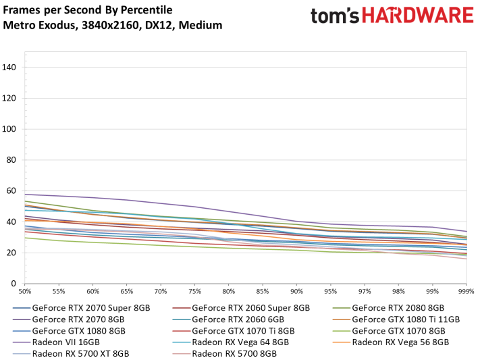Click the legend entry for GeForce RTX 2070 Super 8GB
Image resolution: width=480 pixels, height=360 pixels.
click(90, 307)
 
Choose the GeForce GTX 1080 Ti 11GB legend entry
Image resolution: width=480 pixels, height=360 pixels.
click(406, 319)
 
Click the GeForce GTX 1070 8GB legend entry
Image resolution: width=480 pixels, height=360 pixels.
click(398, 330)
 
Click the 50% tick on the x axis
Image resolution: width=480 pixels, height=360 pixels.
click(24, 291)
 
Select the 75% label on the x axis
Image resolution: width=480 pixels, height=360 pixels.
click(194, 291)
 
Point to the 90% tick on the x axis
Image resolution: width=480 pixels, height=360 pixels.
click(296, 291)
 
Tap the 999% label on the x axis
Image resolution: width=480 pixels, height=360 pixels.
click(466, 291)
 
